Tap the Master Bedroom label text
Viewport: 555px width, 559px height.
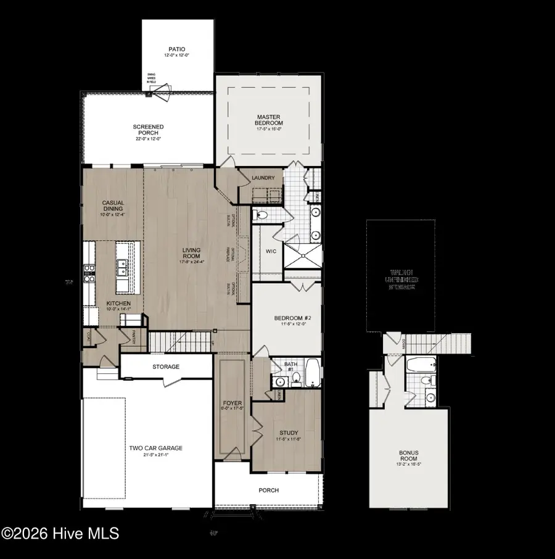269,120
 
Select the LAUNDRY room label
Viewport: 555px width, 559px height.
263,178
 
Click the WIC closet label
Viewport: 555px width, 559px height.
270,252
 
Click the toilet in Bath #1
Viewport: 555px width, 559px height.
297,379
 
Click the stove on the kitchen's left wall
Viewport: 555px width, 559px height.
89,273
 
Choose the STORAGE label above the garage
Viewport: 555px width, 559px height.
166,367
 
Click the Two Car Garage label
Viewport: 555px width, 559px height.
155,449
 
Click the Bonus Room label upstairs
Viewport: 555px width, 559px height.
408,456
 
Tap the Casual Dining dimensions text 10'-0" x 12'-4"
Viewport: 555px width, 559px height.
113,215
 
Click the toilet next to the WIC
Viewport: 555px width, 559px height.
261,215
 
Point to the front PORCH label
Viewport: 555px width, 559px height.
269,491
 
